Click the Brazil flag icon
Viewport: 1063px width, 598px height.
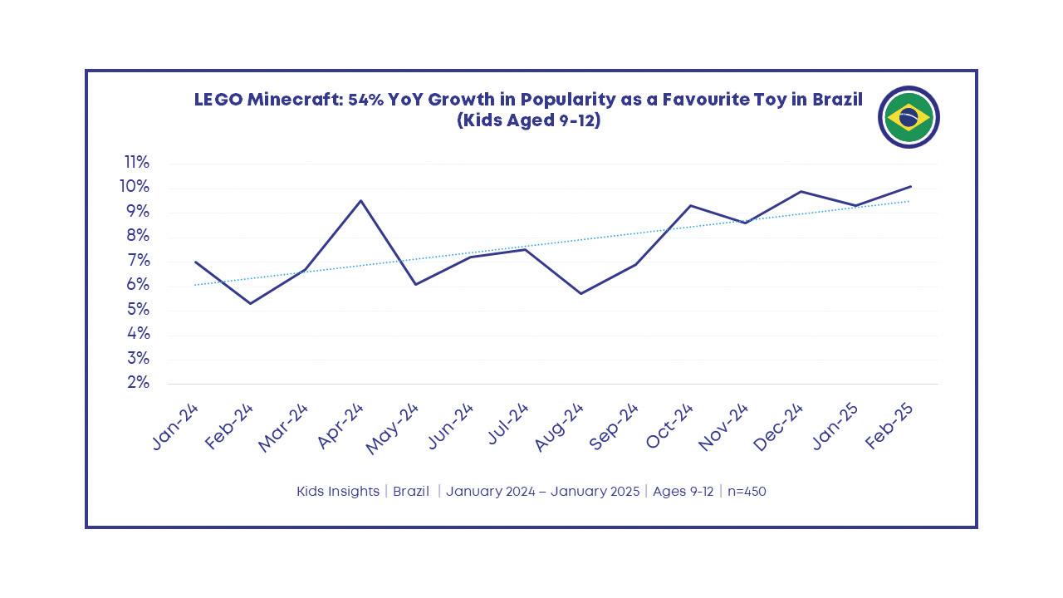click(909, 117)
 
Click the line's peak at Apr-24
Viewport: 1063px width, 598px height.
click(360, 200)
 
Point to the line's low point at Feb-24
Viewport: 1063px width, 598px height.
click(250, 303)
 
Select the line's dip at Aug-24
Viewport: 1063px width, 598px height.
click(580, 293)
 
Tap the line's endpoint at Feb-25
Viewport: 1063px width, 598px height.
click(911, 186)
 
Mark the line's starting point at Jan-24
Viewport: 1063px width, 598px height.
click(195, 262)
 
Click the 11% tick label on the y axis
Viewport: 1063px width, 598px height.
click(137, 162)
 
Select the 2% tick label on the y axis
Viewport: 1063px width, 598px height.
click(138, 383)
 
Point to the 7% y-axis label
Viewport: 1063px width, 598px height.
click(138, 261)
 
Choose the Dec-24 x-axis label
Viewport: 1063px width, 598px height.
click(779, 426)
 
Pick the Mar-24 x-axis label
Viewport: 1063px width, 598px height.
click(284, 428)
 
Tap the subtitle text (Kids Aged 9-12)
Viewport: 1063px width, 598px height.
click(528, 120)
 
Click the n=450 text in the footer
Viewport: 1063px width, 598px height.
click(747, 491)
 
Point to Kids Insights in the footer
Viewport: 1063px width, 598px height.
click(337, 491)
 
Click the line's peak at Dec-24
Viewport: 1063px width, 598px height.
click(801, 191)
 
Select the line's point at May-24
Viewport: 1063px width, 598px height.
click(415, 284)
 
